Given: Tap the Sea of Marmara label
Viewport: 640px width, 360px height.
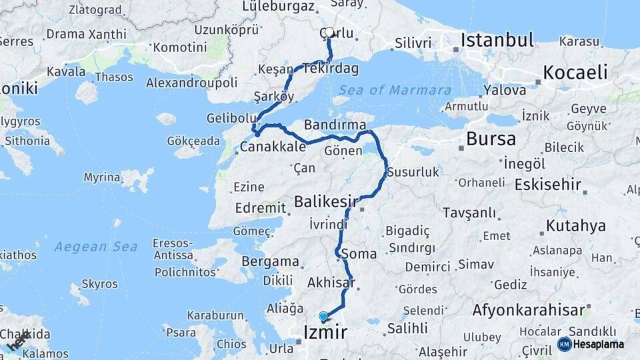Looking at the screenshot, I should (395, 90).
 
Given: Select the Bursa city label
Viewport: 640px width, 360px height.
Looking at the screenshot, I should (491, 139).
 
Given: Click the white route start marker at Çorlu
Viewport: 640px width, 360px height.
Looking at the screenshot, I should (329, 32).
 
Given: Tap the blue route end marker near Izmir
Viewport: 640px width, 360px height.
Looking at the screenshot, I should (323, 317).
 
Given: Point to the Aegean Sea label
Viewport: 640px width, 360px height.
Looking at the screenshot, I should (96, 247).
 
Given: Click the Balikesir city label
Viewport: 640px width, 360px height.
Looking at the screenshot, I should (327, 200).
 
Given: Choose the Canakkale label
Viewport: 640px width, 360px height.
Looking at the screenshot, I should (273, 147).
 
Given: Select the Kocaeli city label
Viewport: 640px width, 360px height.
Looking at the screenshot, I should (575, 71).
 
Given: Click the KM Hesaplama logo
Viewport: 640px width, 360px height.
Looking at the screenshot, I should (591, 344).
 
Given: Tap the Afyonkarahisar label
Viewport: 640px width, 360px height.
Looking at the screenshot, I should (528, 310).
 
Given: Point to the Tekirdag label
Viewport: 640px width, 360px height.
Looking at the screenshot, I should (331, 69).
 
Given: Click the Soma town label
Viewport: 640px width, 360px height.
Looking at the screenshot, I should (359, 254).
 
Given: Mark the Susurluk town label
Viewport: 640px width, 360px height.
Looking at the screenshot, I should (413, 172).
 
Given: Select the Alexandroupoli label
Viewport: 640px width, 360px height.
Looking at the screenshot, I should (192, 83).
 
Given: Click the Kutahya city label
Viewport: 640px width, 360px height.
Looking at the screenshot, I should (576, 226).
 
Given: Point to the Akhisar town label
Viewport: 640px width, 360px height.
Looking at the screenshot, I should (331, 283).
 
